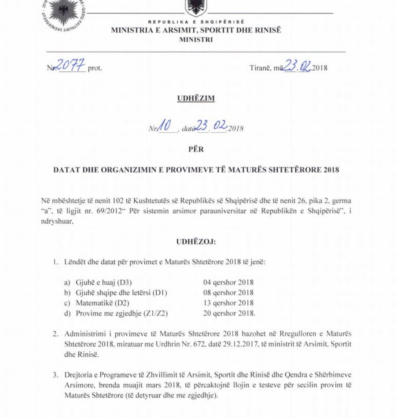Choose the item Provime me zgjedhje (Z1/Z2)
pyautogui.click(x=110, y=313)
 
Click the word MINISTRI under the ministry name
pyautogui.click(x=196, y=40)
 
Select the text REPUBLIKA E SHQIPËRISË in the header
pyautogui.click(x=196, y=22)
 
